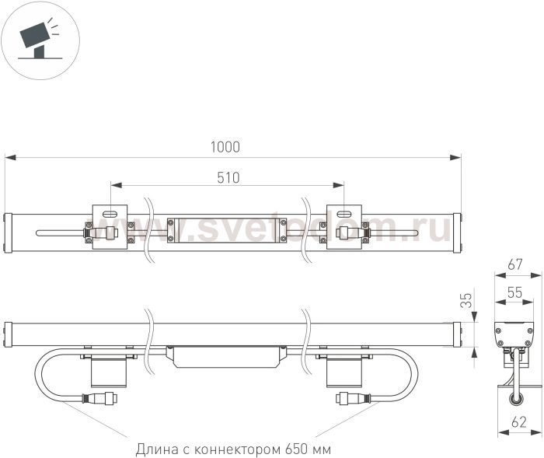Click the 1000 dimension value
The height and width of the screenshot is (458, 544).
click(225, 147)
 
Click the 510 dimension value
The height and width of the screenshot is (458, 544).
click(228, 177)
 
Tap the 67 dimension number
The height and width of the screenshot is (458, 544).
click(514, 264)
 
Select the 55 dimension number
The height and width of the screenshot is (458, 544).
click(514, 292)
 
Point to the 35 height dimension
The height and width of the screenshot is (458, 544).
click(467, 300)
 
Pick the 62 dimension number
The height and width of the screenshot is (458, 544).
click(519, 422)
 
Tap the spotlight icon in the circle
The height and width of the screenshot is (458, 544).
click(38, 40)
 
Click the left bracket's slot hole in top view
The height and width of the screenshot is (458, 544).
click(110, 214)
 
